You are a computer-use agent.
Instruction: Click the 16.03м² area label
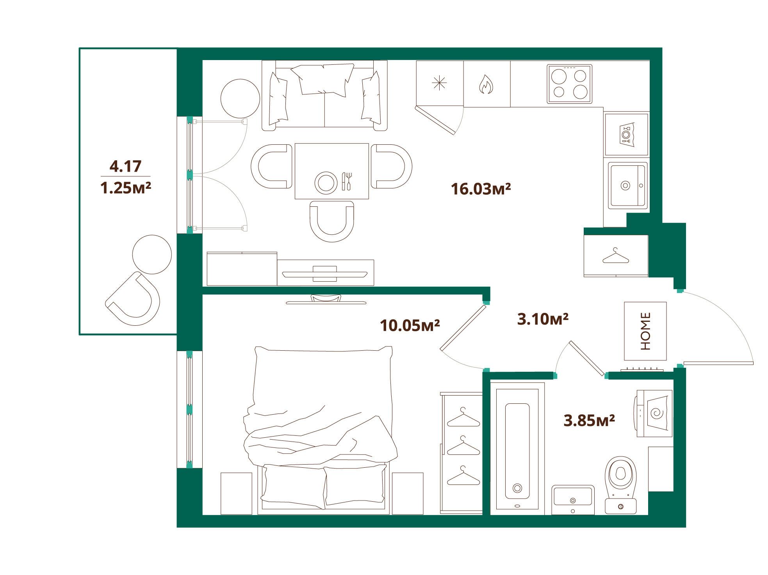click(481, 189)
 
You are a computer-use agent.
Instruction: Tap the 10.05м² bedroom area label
click(410, 325)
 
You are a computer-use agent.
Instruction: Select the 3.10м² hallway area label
click(543, 319)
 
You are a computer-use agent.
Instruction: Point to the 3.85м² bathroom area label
click(590, 421)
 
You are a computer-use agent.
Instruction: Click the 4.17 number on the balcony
click(125, 167)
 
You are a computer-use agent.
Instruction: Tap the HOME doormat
click(645, 331)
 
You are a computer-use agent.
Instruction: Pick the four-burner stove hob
click(569, 84)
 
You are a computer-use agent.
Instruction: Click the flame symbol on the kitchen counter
click(486, 84)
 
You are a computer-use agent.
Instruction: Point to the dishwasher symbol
click(627, 135)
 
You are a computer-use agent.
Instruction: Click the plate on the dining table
click(326, 183)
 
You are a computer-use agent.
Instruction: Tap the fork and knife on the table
click(347, 181)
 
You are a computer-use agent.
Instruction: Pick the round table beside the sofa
click(240, 99)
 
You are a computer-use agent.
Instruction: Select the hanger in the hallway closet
click(616, 256)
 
